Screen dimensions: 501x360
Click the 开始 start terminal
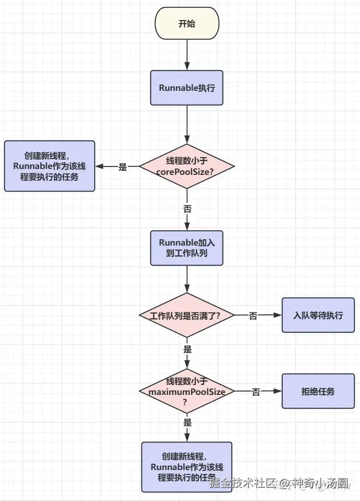point(187,24)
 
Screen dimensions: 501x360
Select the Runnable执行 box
point(187,88)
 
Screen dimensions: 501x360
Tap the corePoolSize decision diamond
point(187,167)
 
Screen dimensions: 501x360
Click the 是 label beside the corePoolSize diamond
point(123,167)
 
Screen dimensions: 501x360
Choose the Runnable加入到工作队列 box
point(187,249)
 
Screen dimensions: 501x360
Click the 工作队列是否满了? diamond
point(187,315)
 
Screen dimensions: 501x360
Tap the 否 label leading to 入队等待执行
point(253,316)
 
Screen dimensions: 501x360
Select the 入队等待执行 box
point(318,315)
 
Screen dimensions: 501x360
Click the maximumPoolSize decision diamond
point(187,391)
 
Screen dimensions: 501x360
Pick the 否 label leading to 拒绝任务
point(256,391)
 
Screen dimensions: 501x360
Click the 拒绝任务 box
point(318,391)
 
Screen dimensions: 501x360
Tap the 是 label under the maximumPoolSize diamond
point(187,422)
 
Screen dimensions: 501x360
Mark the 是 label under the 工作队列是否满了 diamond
point(187,349)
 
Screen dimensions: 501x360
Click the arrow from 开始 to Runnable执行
point(187,54)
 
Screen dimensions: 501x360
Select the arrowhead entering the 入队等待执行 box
point(277,315)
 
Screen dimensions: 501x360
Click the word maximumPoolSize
point(187,391)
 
